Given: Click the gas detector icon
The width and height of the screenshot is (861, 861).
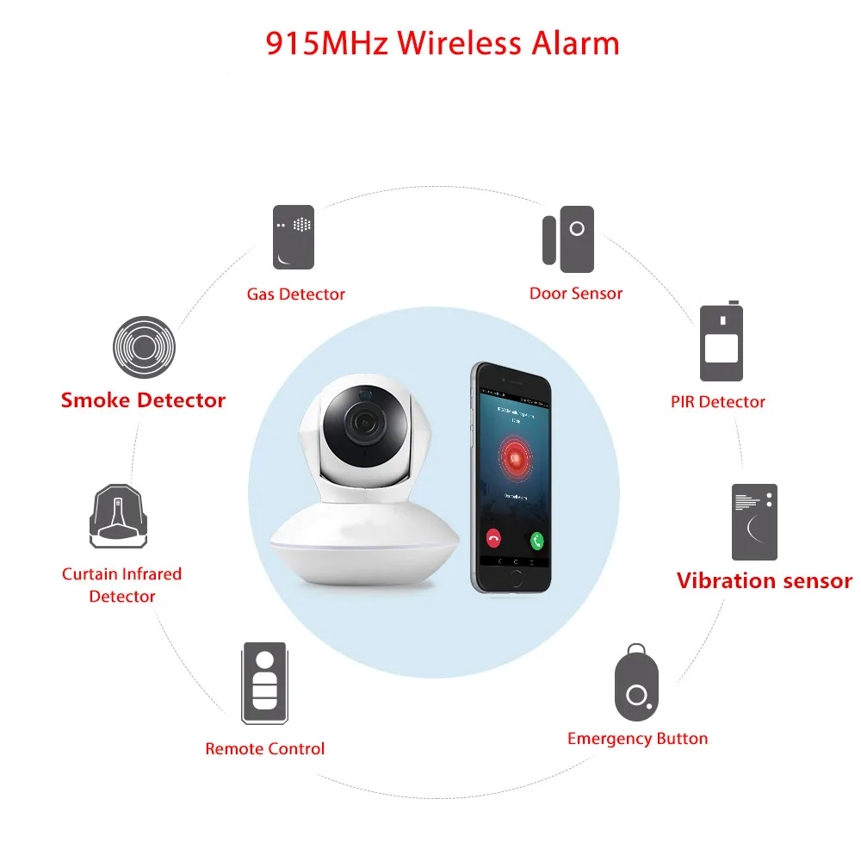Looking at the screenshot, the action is pyautogui.click(x=294, y=237).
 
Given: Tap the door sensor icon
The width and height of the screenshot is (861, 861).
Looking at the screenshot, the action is pyautogui.click(x=568, y=235).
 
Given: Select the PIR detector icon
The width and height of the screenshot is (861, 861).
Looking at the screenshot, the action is pyautogui.click(x=721, y=343).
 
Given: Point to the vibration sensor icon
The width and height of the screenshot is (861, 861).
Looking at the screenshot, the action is pyautogui.click(x=754, y=522).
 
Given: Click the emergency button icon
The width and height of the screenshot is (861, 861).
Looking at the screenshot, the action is pyautogui.click(x=636, y=685).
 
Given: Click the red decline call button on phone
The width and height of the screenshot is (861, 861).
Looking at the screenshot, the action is pyautogui.click(x=493, y=540).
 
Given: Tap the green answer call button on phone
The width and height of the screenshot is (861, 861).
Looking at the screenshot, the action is pyautogui.click(x=537, y=540).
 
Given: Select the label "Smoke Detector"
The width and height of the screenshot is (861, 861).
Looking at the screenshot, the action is pyautogui.click(x=143, y=400).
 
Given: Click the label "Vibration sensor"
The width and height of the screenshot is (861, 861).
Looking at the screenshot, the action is pyautogui.click(x=764, y=581).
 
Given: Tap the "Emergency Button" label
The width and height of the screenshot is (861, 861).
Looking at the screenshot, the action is pyautogui.click(x=637, y=739).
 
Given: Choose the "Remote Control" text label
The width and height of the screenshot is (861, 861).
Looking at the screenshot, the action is pyautogui.click(x=265, y=749).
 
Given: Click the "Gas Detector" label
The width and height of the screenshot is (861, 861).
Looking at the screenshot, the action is pyautogui.click(x=295, y=294).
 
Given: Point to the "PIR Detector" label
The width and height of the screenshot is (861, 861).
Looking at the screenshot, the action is pyautogui.click(x=718, y=402).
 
